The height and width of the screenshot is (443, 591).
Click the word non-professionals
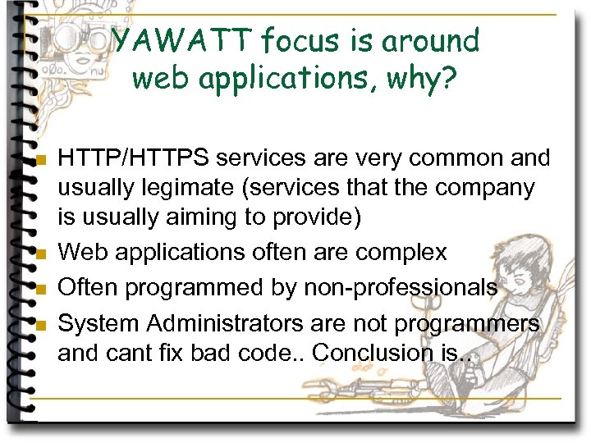point(400,287)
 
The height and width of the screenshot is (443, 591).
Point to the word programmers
point(467,323)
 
